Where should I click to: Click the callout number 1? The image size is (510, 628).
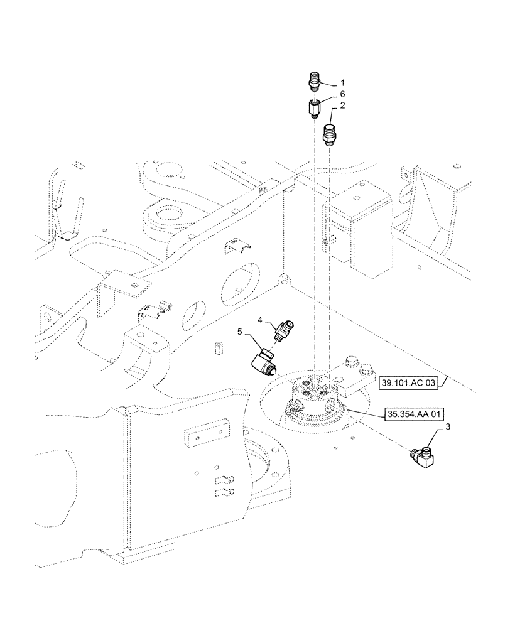point(342,82)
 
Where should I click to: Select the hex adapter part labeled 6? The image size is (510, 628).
point(315,109)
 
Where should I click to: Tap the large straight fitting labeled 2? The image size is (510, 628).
point(330,134)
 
